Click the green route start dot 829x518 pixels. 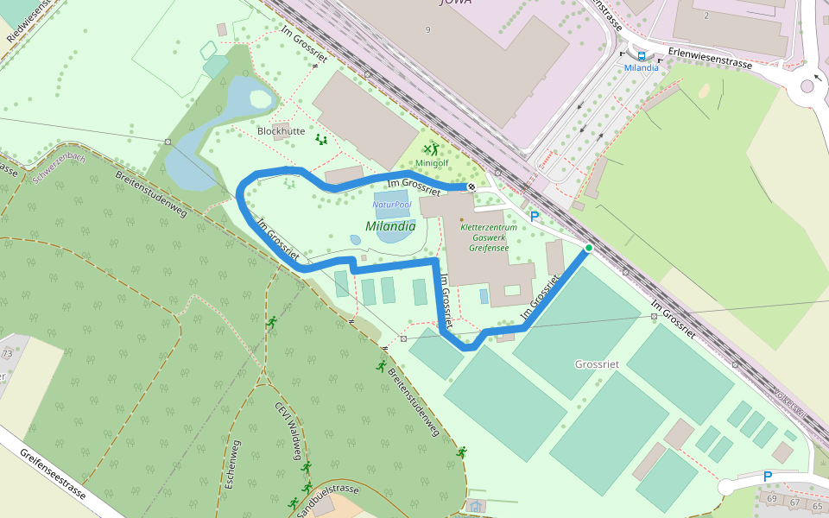point(589,249)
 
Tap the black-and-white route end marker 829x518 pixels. point(471,186)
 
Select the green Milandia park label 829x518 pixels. point(390,226)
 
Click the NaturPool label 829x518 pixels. point(391,205)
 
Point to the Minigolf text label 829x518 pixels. point(432,162)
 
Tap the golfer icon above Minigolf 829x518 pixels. point(431,149)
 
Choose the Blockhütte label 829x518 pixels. point(282,131)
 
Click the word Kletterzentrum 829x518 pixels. point(489,227)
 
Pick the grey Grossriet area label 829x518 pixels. point(597,364)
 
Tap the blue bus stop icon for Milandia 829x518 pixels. point(641,55)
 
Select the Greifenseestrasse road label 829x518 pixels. point(52,474)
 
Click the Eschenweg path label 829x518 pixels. point(232,464)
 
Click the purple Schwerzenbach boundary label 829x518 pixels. point(58,164)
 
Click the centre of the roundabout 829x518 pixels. point(807,85)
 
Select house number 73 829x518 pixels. point(8,354)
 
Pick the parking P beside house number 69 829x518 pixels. point(768,476)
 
